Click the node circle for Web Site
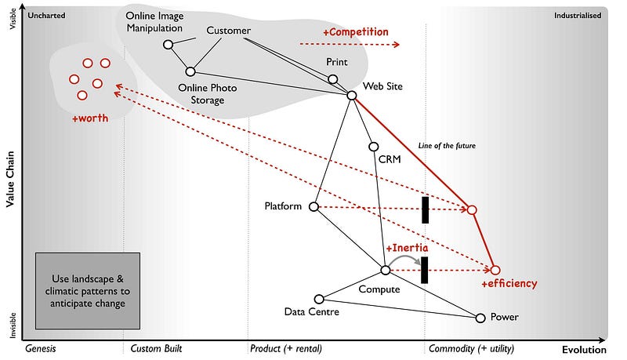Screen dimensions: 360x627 click(352, 95)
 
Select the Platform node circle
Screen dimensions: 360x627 click(313, 207)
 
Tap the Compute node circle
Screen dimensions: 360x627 click(386, 270)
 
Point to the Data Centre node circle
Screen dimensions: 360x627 click(319, 299)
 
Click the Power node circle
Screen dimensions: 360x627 click(480, 318)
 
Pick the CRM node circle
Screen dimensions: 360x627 click(374, 147)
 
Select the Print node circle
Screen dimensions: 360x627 click(332, 79)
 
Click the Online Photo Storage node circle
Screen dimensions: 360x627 click(190, 71)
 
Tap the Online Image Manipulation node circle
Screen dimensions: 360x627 click(168, 45)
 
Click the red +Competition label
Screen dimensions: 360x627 click(355, 32)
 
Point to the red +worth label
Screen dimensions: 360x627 click(89, 118)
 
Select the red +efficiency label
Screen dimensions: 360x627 click(509, 284)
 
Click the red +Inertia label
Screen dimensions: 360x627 click(406, 248)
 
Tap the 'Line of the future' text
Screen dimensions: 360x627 click(448, 145)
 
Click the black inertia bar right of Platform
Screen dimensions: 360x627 click(426, 209)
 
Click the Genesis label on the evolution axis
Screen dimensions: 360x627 click(43, 348)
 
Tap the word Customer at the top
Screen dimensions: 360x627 click(228, 31)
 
